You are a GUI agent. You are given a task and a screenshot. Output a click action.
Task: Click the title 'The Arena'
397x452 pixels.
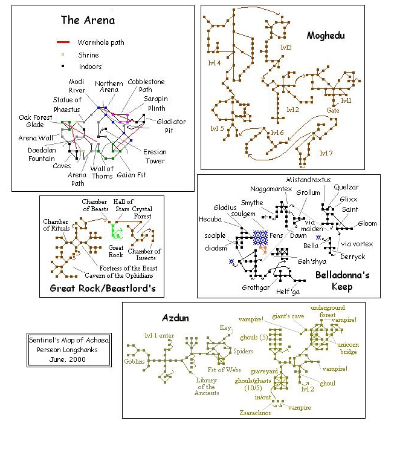88,21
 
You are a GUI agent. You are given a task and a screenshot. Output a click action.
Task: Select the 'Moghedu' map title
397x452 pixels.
325,36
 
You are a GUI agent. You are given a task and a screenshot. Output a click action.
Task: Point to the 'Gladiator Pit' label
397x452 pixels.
171,125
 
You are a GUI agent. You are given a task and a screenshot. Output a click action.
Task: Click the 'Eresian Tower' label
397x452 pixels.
155,156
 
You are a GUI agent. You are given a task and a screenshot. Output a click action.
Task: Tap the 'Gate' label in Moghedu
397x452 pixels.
333,111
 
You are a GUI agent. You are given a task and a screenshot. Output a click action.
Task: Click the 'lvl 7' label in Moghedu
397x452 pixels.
326,153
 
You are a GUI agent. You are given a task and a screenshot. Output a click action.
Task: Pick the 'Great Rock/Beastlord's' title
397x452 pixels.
102,288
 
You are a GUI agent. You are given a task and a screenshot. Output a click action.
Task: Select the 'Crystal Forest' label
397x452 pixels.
143,213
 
